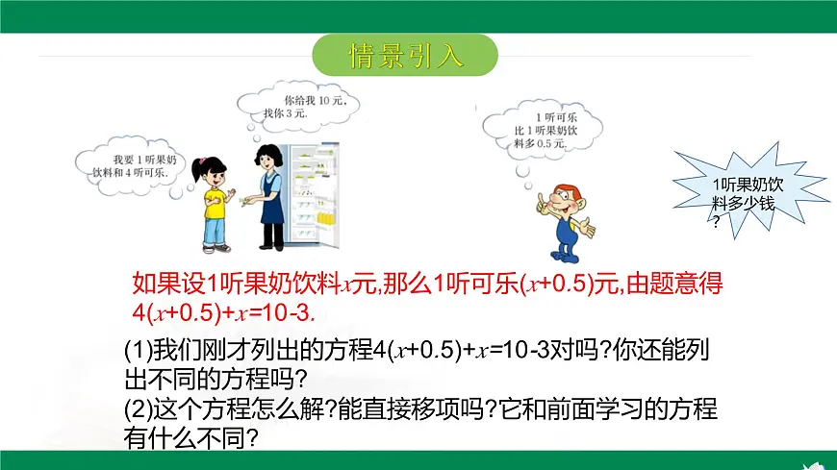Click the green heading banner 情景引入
coord(405,55)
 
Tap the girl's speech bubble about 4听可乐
coord(131,164)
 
